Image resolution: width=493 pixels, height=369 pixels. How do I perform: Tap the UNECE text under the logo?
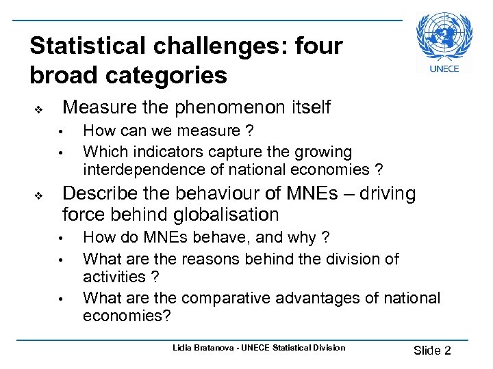click(x=444, y=68)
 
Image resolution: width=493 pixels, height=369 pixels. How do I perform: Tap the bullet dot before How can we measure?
click(x=60, y=132)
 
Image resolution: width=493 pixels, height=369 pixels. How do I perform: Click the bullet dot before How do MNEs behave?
click(x=60, y=239)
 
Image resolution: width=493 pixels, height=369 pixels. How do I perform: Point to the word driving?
click(x=390, y=194)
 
